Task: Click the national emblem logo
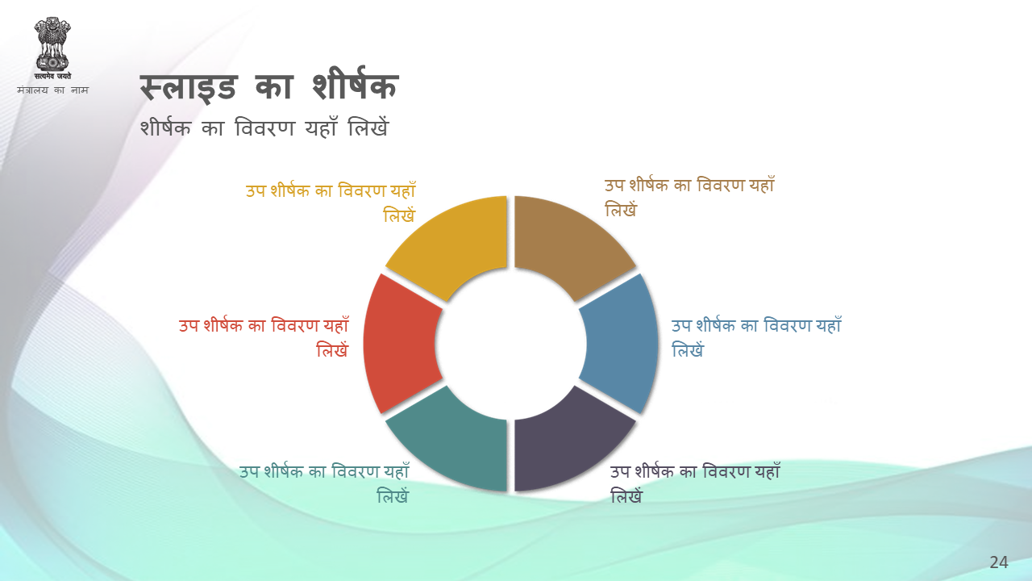(x=52, y=48)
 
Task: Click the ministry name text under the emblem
(x=52, y=90)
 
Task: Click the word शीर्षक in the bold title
(x=354, y=85)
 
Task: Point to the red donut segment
(x=400, y=344)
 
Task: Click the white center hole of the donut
(x=510, y=344)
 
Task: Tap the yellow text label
(x=331, y=202)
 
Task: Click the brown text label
(x=689, y=197)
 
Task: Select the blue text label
(x=756, y=337)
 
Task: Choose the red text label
(x=264, y=337)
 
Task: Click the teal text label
(x=324, y=483)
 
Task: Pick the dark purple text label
(x=695, y=483)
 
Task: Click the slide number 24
(x=999, y=562)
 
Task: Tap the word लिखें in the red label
(x=332, y=350)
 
